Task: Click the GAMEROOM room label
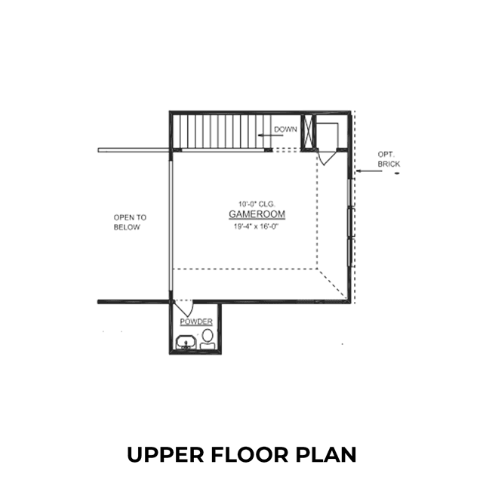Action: pyautogui.click(x=257, y=214)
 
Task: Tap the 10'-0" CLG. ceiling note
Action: pyautogui.click(x=257, y=204)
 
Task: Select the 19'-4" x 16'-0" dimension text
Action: pyautogui.click(x=256, y=226)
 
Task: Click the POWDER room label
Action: pyautogui.click(x=196, y=321)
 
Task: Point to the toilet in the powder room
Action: pyautogui.click(x=208, y=339)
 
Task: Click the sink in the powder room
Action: pyautogui.click(x=186, y=343)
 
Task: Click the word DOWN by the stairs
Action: pyautogui.click(x=285, y=129)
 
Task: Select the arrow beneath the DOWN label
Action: pyautogui.click(x=270, y=135)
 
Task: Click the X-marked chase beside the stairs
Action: pyautogui.click(x=309, y=132)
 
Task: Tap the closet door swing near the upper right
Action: pyautogui.click(x=327, y=158)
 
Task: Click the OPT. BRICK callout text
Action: pyautogui.click(x=389, y=159)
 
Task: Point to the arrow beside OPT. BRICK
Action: pyautogui.click(x=369, y=171)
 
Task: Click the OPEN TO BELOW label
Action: pyautogui.click(x=130, y=223)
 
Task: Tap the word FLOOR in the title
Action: pyautogui.click(x=250, y=454)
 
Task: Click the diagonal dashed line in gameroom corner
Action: pyautogui.click(x=333, y=284)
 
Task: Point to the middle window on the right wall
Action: pyautogui.click(x=350, y=223)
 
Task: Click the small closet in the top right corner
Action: pyautogui.click(x=331, y=132)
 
